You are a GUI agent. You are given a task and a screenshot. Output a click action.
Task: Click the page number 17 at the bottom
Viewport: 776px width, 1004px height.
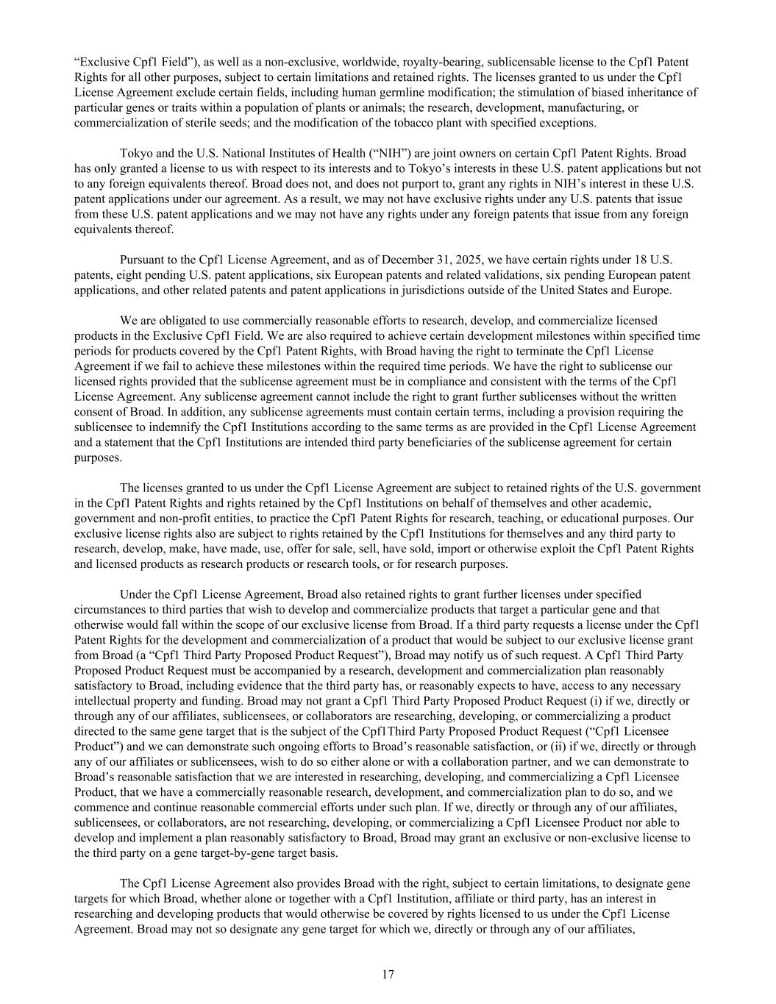pos(388,975)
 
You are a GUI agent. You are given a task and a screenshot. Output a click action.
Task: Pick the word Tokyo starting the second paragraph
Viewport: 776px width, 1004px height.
pos(135,153)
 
